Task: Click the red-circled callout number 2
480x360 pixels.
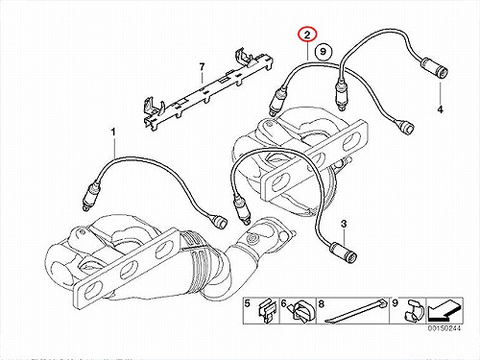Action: point(307,35)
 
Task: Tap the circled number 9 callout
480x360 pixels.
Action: point(324,51)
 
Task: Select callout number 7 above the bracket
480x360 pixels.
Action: point(202,67)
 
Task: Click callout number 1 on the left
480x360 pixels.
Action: point(113,132)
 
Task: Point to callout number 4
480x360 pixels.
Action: point(441,109)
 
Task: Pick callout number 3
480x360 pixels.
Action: point(344,225)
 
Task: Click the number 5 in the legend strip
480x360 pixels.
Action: point(248,303)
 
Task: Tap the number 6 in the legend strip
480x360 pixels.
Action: point(284,303)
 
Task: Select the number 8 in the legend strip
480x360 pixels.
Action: point(322,303)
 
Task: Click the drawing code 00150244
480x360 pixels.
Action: point(443,328)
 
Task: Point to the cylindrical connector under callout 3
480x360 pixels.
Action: point(344,252)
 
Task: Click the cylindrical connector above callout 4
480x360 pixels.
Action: point(435,68)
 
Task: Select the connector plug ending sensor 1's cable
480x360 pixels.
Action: point(220,220)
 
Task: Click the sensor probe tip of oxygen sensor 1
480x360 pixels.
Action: point(85,208)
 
